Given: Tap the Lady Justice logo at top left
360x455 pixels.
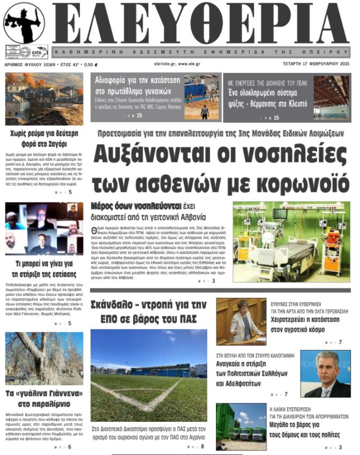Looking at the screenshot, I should click(25, 24).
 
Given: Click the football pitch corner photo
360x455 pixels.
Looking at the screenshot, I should click(148, 376).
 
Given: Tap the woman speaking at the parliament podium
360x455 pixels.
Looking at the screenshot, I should click(241, 321).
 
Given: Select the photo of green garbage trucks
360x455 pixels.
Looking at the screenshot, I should click(241, 427).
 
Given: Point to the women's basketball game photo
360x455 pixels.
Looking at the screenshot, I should click(201, 97).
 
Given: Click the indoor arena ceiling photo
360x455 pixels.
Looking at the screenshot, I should click(331, 97).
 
